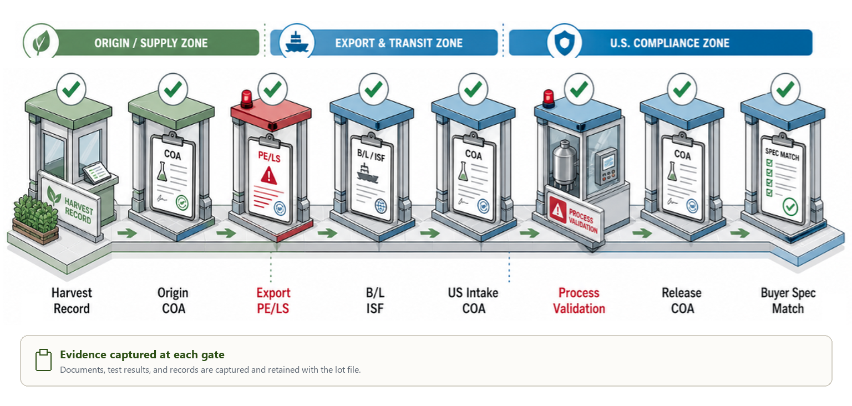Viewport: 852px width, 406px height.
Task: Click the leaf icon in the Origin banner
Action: [x=40, y=42]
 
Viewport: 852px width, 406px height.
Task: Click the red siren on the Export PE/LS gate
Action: [x=246, y=99]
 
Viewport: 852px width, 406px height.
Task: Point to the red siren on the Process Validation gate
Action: [x=548, y=99]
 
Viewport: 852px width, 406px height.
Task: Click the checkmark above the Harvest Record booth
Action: [x=71, y=89]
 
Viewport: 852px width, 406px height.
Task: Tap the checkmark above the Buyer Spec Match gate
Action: [x=785, y=89]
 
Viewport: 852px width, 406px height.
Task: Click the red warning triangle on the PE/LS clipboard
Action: [x=269, y=176]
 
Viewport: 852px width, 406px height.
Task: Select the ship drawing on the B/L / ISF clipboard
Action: [x=367, y=174]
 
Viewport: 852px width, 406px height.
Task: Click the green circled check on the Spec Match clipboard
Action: [x=790, y=207]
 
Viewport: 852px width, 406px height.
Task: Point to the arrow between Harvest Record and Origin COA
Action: [x=127, y=232]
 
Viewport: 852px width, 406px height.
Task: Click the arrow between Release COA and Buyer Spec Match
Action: [x=740, y=232]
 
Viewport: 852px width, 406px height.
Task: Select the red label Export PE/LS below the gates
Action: [x=273, y=300]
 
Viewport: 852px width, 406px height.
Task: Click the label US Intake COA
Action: [x=473, y=300]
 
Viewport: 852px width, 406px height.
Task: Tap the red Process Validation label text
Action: [x=579, y=300]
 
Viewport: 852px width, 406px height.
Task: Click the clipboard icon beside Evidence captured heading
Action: [x=43, y=359]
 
